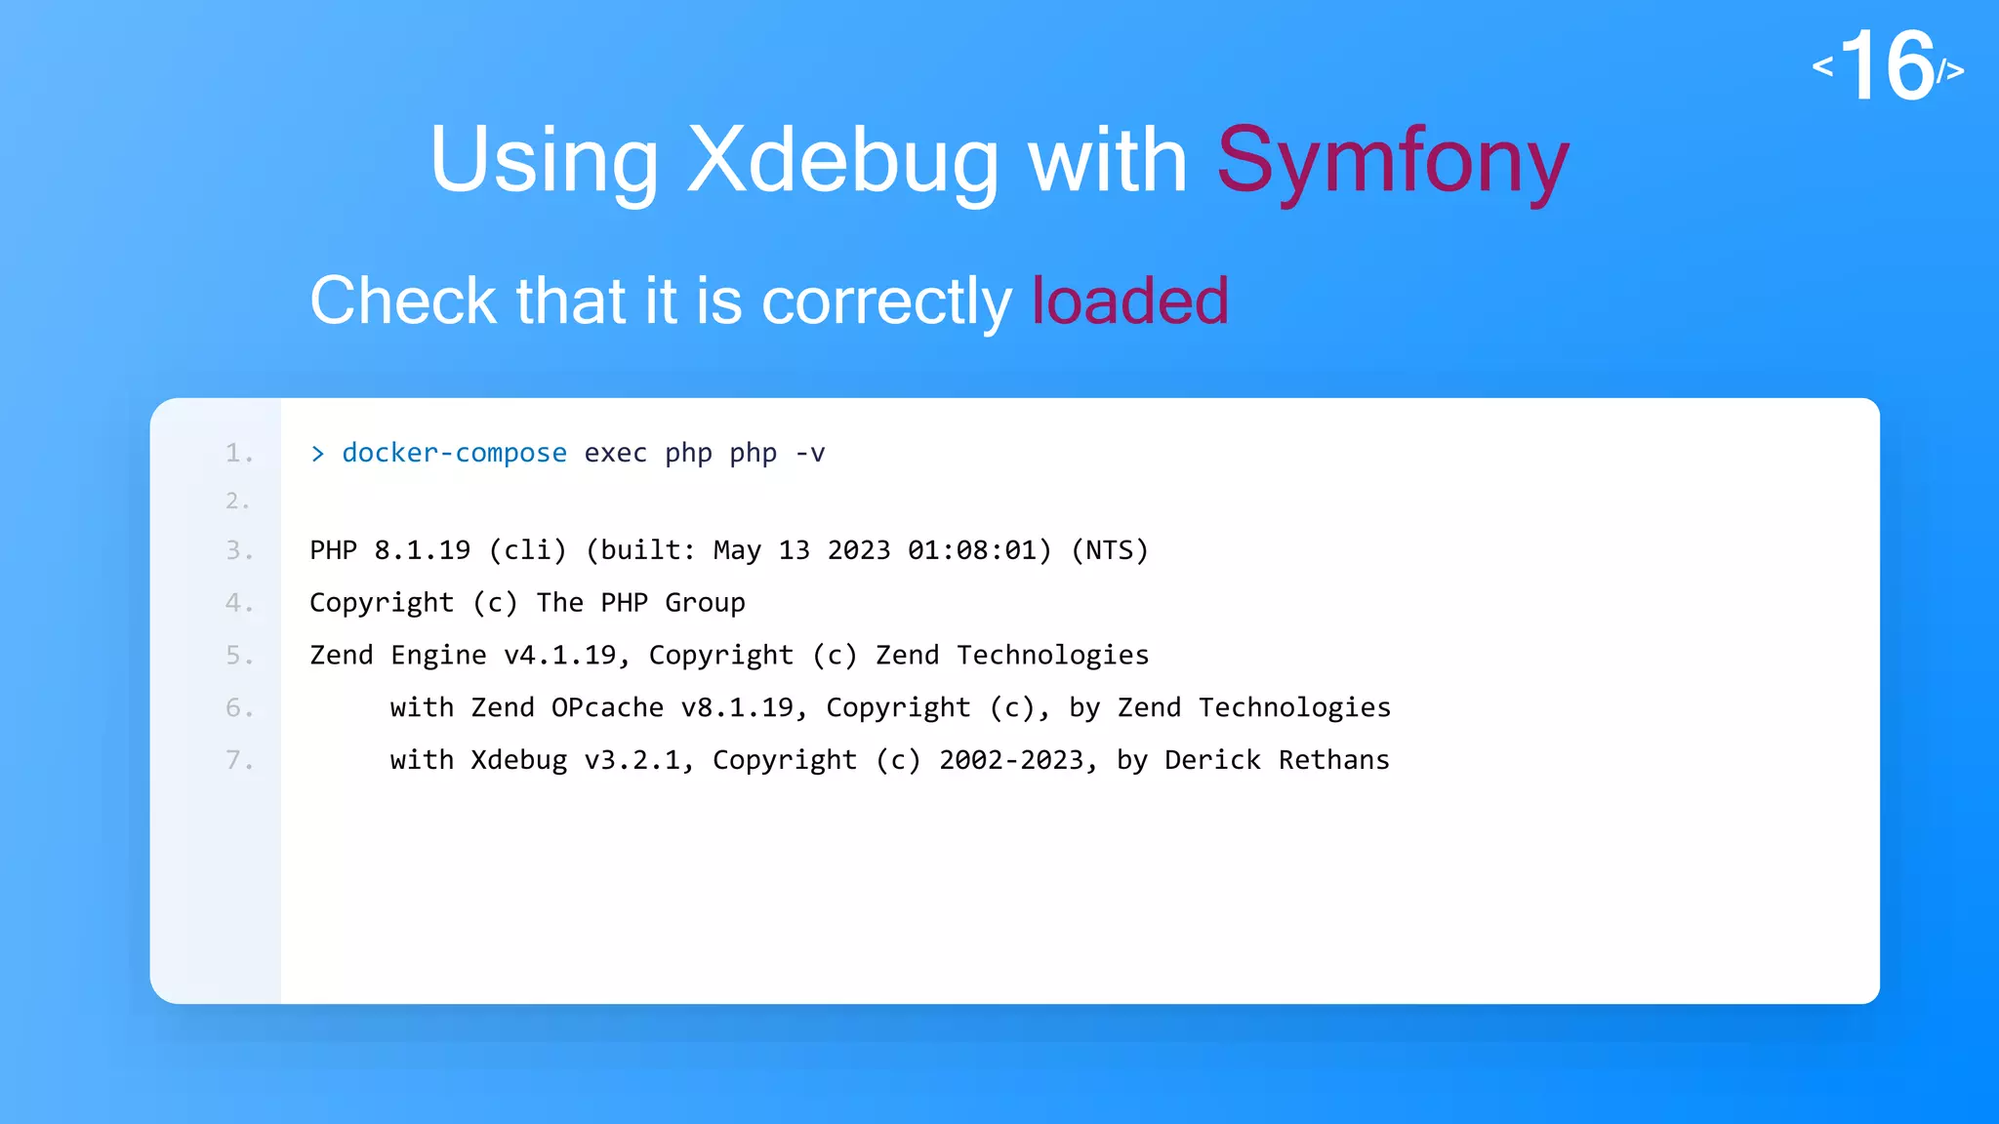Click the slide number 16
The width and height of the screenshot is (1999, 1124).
point(1888,66)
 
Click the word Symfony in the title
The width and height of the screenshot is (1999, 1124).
point(1393,161)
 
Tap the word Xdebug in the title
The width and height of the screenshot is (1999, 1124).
point(843,161)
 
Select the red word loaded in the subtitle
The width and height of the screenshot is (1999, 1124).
point(1130,301)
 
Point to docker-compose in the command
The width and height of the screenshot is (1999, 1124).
point(454,453)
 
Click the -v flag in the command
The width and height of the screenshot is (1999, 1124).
point(810,453)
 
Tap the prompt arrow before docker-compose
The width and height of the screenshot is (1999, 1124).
point(317,454)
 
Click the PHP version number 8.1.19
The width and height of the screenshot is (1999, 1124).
point(422,550)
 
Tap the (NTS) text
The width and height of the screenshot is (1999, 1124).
point(1110,550)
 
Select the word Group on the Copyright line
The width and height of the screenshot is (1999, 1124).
point(705,603)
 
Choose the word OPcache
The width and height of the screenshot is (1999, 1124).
point(607,707)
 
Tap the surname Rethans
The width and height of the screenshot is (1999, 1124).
point(1333,760)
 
